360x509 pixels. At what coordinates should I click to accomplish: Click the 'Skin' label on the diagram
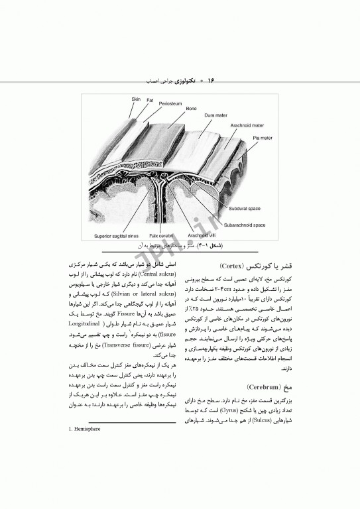135,99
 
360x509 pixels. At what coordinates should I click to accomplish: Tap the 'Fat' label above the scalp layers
150,101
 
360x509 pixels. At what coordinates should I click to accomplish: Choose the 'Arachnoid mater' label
247,124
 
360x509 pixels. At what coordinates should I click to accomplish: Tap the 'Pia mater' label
262,138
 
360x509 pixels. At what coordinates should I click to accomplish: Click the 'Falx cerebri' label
160,235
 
